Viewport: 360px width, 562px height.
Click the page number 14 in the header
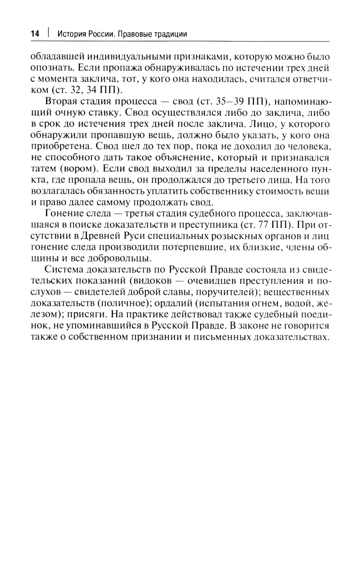pos(35,34)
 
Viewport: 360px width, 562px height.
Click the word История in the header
pos(71,34)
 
